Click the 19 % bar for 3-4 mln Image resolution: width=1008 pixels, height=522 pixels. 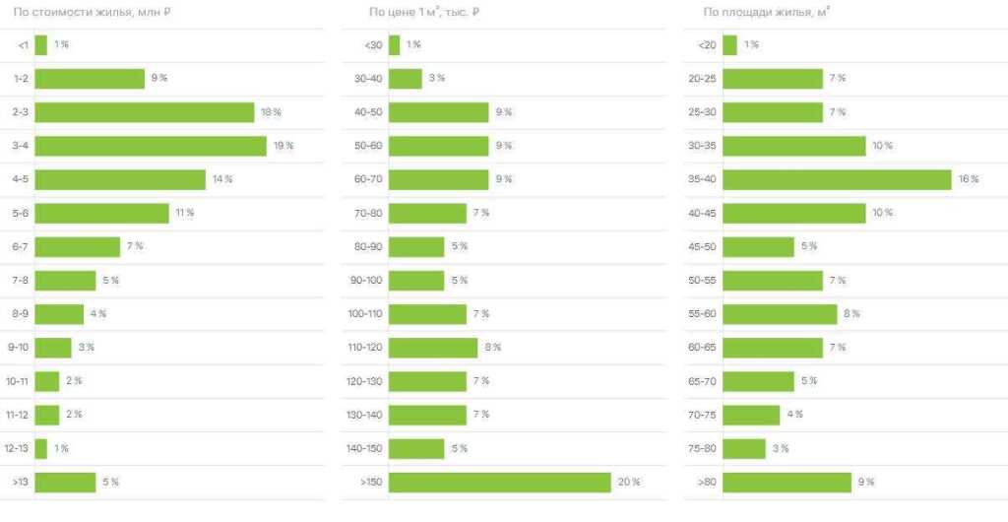click(151, 146)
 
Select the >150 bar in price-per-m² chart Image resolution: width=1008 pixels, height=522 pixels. click(500, 482)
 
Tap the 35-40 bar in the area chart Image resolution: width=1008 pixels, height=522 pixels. click(838, 179)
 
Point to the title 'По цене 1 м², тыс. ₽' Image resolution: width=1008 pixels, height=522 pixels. click(426, 12)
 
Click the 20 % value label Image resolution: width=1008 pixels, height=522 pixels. click(629, 482)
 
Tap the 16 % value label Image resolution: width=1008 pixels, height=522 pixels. click(969, 179)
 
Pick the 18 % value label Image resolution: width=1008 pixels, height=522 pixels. click(271, 112)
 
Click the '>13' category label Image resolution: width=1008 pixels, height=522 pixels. click(20, 482)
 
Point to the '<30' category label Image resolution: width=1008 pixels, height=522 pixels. click(373, 45)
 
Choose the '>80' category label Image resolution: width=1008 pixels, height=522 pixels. click(707, 482)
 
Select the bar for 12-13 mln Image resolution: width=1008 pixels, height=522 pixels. click(41, 448)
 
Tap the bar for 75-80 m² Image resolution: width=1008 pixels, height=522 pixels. click(744, 448)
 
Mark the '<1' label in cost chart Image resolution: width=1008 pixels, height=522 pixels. click(23, 45)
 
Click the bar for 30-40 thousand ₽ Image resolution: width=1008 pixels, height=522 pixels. click(406, 79)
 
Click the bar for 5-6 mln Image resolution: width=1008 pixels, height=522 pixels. click(102, 213)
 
